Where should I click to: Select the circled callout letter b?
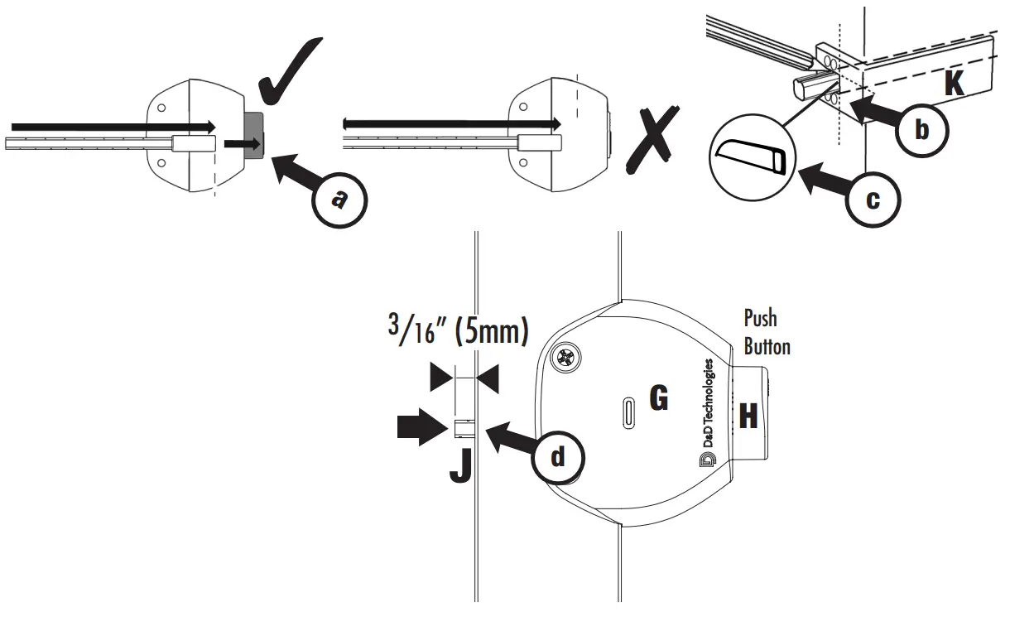point(923,130)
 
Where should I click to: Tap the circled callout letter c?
point(873,199)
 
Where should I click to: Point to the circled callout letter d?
point(559,456)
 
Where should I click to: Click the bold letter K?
point(955,83)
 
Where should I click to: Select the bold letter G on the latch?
point(659,399)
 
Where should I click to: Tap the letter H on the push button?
point(748,415)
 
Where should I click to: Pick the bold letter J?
point(460,465)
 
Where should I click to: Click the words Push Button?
point(767,331)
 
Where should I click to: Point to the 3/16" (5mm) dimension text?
point(458,331)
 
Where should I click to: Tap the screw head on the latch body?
point(567,359)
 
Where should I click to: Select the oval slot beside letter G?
point(629,412)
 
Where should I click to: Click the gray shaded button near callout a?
point(253,135)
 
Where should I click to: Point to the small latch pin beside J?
point(464,427)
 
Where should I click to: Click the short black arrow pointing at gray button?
point(241,144)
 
